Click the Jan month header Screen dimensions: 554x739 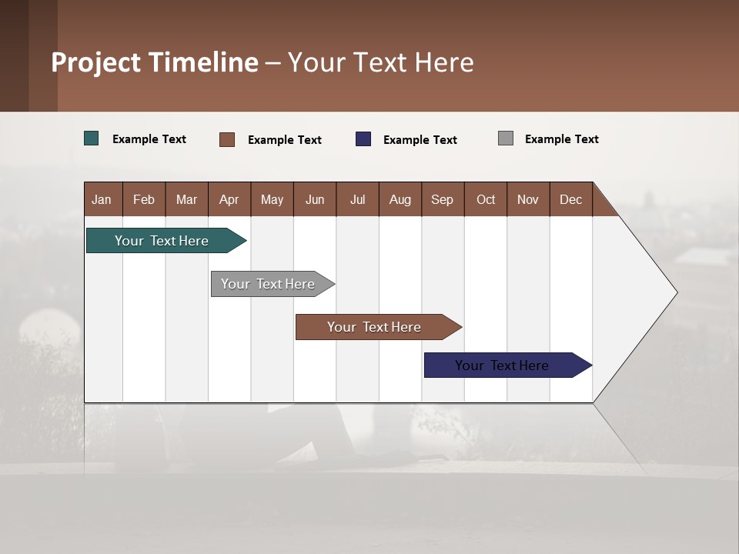(102, 199)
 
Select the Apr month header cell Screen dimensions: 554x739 (229, 199)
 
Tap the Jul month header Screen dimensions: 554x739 (357, 199)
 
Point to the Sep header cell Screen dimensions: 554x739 (442, 199)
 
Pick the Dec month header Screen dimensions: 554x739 (570, 199)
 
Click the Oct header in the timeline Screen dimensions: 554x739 (486, 199)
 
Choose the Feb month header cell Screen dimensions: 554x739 (144, 199)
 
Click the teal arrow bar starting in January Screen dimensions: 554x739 (162, 241)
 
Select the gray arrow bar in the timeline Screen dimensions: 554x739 (269, 284)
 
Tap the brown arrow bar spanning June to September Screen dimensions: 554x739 (375, 327)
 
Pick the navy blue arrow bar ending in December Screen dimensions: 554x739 (503, 365)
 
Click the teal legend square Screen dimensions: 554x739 (92, 138)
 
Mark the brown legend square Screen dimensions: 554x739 (227, 139)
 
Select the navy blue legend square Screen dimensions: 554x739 (363, 139)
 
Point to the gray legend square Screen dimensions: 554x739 (506, 138)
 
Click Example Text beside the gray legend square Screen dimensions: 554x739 (561, 139)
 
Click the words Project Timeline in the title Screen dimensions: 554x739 (155, 62)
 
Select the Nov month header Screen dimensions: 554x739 (528, 199)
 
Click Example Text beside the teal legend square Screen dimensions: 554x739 (149, 139)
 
